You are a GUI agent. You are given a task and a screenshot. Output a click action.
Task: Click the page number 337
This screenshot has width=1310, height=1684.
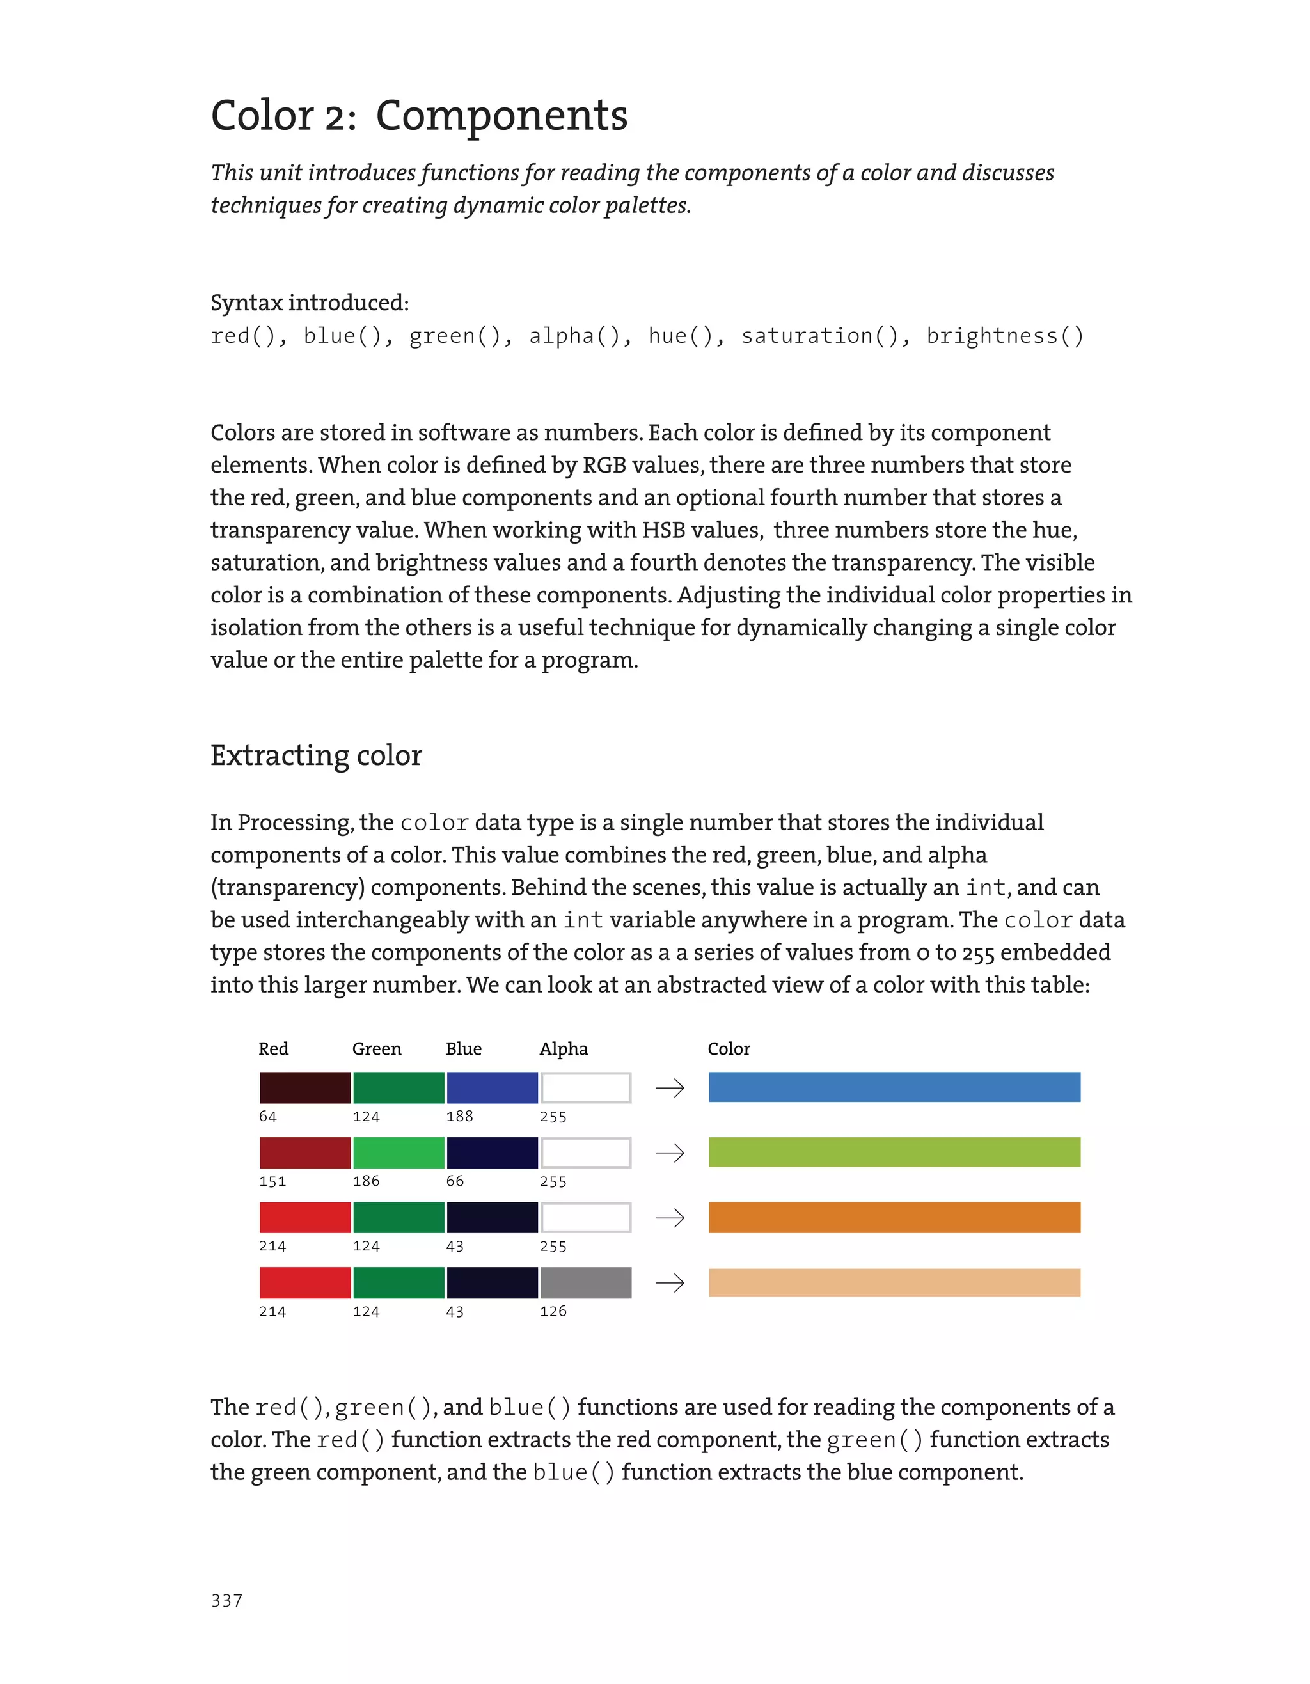click(226, 1600)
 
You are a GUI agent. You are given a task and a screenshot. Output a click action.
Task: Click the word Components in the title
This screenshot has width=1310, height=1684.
click(501, 116)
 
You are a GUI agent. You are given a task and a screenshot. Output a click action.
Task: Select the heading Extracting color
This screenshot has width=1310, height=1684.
click(316, 755)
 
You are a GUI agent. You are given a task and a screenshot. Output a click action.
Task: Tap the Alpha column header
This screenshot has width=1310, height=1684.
click(564, 1049)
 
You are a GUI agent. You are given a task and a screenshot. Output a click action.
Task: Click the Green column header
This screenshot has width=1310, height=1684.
click(376, 1049)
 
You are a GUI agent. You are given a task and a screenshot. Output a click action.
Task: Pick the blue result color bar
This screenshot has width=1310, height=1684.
click(894, 1087)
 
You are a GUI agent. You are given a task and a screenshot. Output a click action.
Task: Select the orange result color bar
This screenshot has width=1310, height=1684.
click(894, 1218)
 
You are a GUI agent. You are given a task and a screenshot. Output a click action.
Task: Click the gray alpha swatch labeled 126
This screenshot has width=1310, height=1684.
click(585, 1282)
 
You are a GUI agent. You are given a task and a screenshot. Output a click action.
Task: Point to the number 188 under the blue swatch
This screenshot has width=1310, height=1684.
click(459, 1115)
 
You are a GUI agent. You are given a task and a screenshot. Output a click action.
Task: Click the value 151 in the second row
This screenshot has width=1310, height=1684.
click(272, 1181)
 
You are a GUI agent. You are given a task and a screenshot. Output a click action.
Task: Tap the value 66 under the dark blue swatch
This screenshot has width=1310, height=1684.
click(455, 1181)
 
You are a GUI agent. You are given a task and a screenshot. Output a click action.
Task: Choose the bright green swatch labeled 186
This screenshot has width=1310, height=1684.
click(399, 1153)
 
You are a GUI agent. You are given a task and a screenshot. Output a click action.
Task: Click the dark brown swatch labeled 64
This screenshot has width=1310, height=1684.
click(304, 1087)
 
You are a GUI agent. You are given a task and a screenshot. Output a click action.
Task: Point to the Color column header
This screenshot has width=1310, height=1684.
click(729, 1049)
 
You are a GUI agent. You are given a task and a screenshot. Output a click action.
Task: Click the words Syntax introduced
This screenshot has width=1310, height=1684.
click(309, 303)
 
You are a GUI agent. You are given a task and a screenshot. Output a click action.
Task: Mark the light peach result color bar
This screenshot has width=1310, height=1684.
click(894, 1282)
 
